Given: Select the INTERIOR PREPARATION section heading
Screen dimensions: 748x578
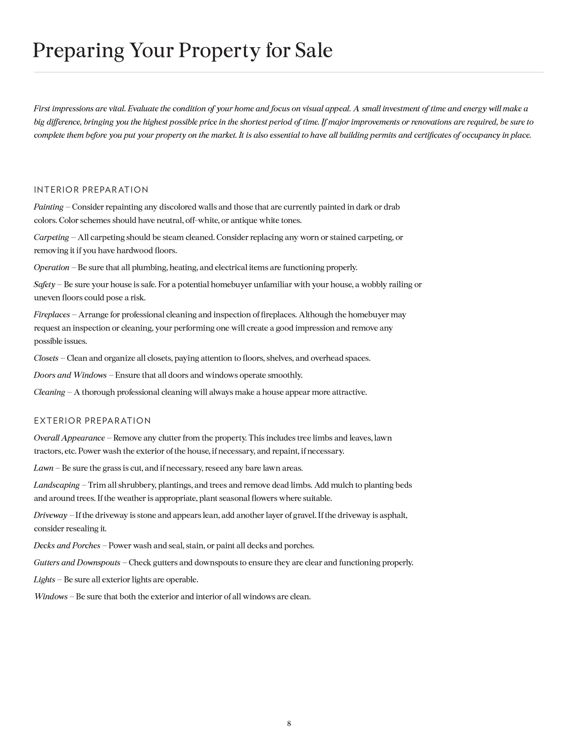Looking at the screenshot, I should pos(91,190).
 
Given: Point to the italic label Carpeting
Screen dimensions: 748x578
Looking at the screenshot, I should pos(51,237).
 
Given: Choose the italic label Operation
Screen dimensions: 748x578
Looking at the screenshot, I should pos(51,267).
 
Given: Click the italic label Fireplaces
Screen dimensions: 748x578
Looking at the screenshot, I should pos(52,314).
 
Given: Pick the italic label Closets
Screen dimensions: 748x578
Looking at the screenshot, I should pos(46,358).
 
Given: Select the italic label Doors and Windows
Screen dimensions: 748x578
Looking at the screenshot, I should pos(70,375).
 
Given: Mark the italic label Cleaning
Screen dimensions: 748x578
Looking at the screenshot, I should pos(49,392).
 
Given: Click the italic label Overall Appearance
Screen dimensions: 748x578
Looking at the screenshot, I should pos(69,438).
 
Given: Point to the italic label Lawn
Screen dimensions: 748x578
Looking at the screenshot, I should pos(44,468).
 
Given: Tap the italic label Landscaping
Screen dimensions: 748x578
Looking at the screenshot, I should pos(56,485).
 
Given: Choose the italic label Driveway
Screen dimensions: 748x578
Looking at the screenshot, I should pos(50,515).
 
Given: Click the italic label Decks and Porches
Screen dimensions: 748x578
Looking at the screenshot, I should pos(67,546).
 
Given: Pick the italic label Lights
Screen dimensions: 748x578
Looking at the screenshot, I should pos(44,580).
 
